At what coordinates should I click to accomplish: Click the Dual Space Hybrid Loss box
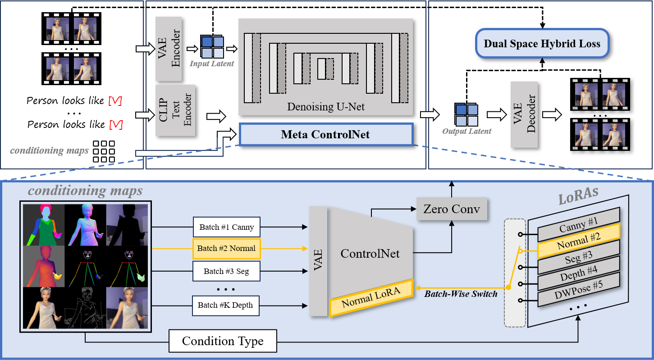click(542, 44)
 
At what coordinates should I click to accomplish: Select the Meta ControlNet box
click(325, 134)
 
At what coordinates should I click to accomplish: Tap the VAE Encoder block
click(169, 49)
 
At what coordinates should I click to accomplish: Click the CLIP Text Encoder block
click(175, 110)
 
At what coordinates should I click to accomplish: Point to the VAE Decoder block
click(524, 114)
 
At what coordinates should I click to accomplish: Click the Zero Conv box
click(452, 209)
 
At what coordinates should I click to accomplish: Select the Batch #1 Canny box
click(226, 228)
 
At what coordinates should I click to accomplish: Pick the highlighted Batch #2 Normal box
click(226, 248)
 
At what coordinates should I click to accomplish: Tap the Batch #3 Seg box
click(226, 271)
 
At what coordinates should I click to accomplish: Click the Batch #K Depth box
click(225, 305)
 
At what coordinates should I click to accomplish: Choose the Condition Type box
click(223, 341)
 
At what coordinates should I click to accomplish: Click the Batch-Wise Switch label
click(461, 294)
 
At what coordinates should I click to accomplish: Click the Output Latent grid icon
click(466, 115)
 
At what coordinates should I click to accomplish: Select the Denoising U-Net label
click(325, 107)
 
